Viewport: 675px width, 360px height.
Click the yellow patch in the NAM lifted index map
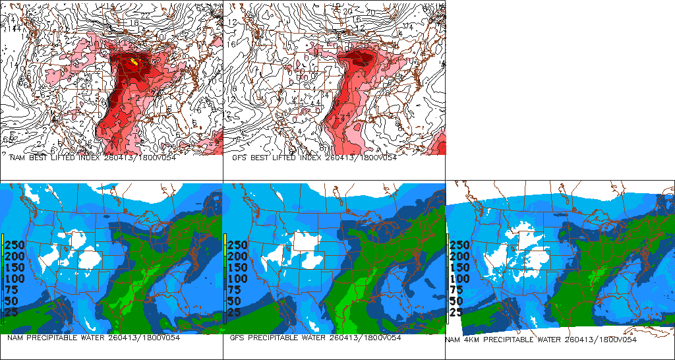134,62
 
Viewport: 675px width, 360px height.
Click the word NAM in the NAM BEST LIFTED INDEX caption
17,158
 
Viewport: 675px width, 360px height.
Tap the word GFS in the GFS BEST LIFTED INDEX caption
240,158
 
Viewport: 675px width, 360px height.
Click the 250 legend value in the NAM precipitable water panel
16,245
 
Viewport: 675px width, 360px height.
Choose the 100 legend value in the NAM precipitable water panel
16,279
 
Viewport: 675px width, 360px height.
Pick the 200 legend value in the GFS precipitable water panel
239,256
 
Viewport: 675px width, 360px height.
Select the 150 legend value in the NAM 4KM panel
461,268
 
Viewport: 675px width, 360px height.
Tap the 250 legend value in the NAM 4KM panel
461,245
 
